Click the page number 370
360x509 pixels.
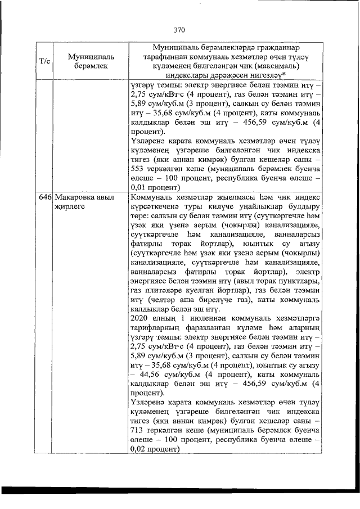tap(179, 30)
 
